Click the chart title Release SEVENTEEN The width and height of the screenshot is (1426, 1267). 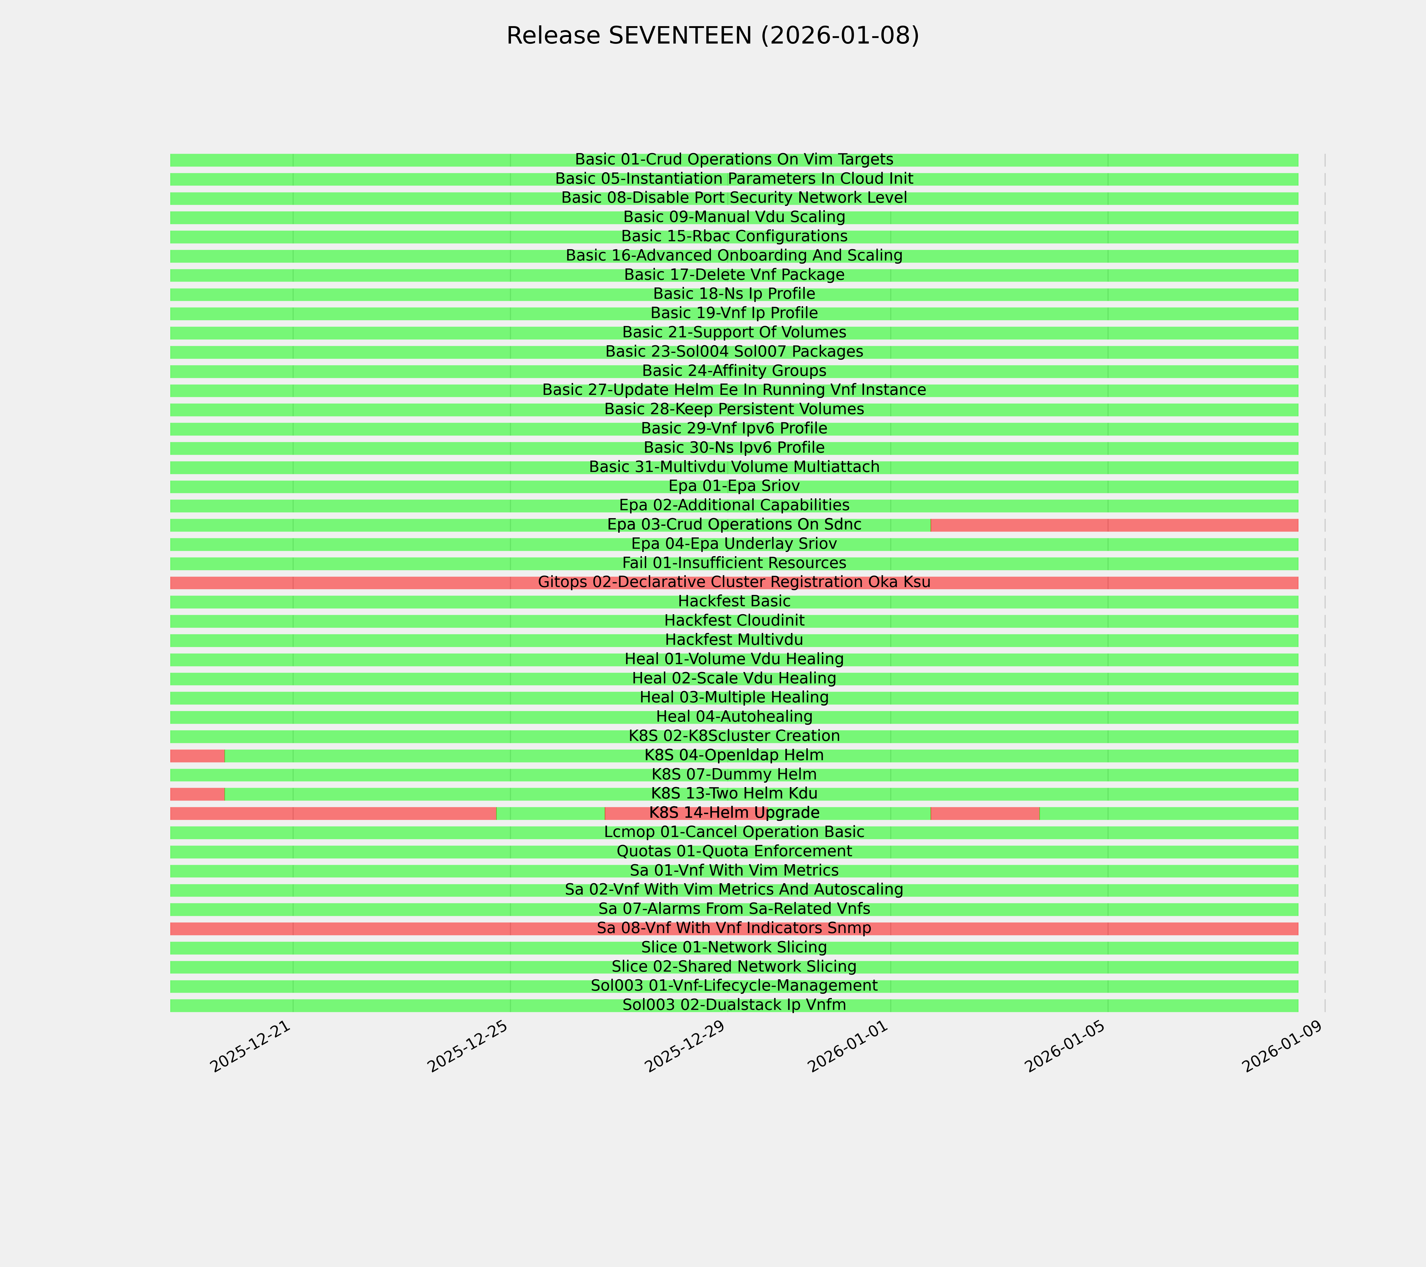pyautogui.click(x=712, y=36)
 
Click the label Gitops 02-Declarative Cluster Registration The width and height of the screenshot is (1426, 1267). pyautogui.click(x=734, y=582)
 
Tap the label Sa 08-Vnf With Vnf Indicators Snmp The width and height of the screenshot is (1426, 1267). pyautogui.click(x=734, y=928)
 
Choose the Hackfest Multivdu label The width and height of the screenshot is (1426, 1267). pyautogui.click(x=734, y=639)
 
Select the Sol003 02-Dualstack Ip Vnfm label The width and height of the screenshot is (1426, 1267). pyautogui.click(x=734, y=1005)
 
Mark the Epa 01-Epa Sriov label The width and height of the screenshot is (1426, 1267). pyautogui.click(x=734, y=486)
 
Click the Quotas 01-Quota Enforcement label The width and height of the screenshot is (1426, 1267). pyautogui.click(x=734, y=852)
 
